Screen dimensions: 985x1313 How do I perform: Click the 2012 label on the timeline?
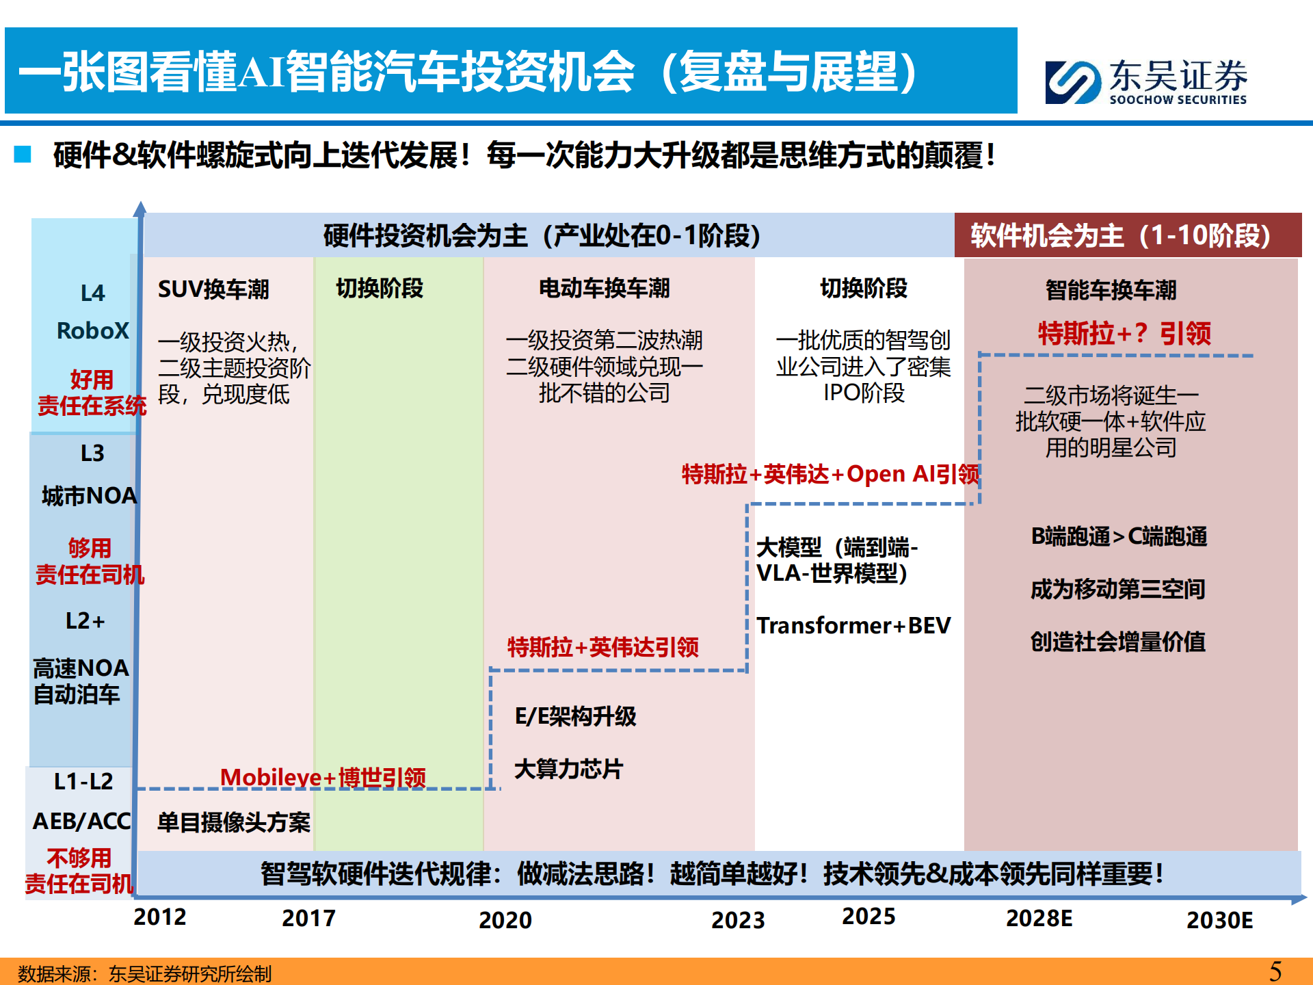point(159,917)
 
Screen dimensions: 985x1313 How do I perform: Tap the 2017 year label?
point(308,918)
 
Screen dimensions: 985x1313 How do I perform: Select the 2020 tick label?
point(505,920)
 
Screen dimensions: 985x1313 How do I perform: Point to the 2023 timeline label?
point(737,920)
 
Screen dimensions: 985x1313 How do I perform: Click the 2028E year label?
point(1038,918)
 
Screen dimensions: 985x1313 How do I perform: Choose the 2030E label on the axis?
point(1219,920)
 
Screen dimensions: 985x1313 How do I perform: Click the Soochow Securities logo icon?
point(1072,82)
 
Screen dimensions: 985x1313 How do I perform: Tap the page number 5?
point(1275,971)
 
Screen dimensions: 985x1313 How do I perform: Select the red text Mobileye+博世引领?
point(323,777)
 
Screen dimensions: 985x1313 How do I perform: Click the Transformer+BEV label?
point(853,625)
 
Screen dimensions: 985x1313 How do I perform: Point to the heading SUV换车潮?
point(213,289)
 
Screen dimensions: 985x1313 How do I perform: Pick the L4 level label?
point(92,293)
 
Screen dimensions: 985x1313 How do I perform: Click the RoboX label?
point(92,331)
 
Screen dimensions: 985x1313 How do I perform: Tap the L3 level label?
point(92,453)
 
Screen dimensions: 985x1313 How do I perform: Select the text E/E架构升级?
point(575,716)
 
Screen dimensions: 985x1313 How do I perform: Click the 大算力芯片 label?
point(568,769)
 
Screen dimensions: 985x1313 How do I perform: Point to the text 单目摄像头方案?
point(233,822)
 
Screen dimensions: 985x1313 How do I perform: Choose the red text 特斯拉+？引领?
point(1124,334)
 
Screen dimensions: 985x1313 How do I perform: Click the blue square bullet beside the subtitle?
point(23,154)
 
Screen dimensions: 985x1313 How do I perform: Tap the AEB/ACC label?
point(81,821)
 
